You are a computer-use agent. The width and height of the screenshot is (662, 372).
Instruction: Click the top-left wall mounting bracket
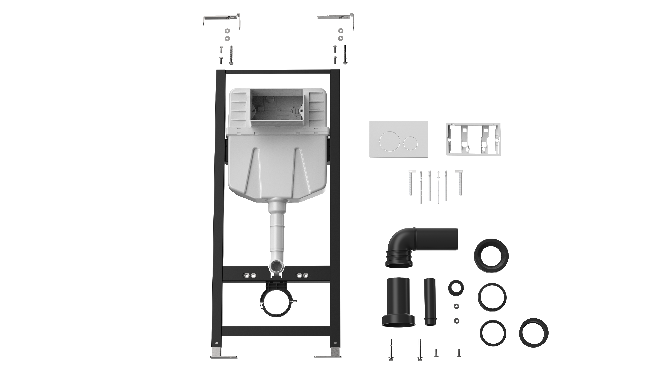222,18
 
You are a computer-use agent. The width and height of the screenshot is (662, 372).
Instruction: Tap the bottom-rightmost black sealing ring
534,332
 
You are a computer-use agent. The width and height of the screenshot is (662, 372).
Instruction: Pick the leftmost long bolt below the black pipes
391,350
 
